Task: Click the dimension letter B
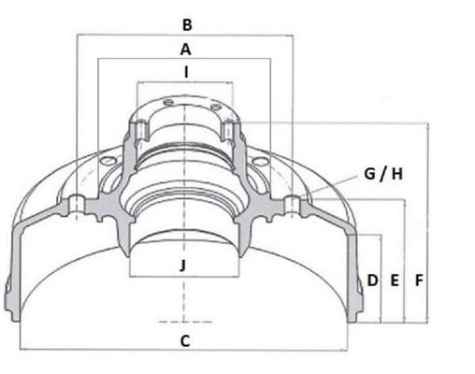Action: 187,25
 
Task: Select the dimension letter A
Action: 186,50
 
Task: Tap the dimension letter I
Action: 186,73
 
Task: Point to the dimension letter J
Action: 183,266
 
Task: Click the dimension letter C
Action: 185,341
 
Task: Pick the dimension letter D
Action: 372,280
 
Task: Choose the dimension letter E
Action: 395,280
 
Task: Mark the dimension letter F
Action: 419,280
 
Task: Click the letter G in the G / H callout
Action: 369,174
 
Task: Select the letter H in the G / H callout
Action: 397,174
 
